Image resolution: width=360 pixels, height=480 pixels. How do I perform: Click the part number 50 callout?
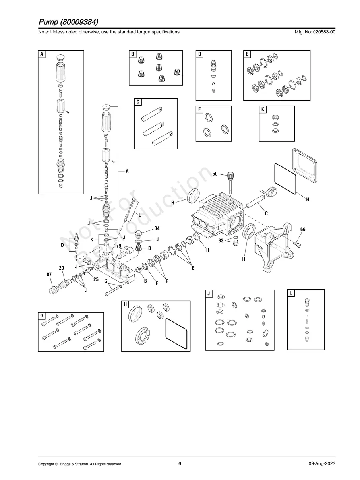[x=215, y=174]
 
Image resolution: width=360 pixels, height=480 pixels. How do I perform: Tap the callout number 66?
[x=303, y=230]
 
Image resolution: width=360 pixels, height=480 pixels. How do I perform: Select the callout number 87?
[x=49, y=275]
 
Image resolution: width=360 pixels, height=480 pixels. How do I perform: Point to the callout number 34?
[x=157, y=228]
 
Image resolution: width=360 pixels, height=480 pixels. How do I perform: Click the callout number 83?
[x=221, y=240]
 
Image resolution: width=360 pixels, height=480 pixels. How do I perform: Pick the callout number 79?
[x=118, y=246]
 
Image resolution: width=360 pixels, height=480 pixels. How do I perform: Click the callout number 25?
[x=96, y=280]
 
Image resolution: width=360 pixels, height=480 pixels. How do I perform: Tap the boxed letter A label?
[x=42, y=54]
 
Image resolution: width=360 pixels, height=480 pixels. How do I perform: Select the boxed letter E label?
[x=247, y=54]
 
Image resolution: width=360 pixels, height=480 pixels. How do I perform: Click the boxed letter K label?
[x=263, y=110]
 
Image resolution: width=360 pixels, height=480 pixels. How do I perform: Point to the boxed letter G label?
[x=42, y=316]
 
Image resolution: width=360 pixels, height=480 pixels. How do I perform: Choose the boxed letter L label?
[x=291, y=293]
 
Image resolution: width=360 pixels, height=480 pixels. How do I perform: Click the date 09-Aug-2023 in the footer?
[x=322, y=464]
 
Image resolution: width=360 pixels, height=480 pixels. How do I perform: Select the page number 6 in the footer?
[x=180, y=463]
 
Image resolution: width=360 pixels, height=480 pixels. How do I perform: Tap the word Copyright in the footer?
[x=46, y=464]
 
